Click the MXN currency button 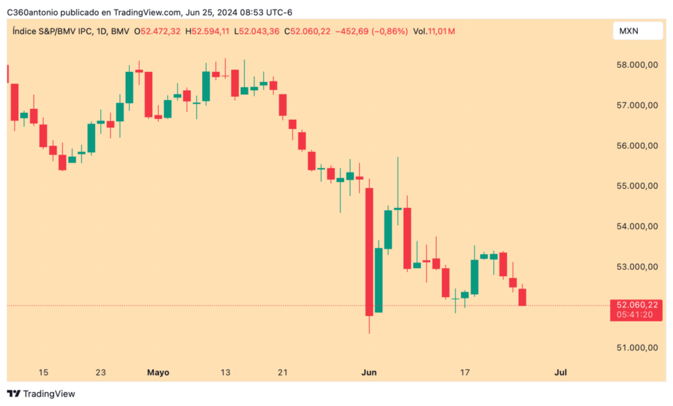pos(630,31)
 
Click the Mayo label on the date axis pos(158,372)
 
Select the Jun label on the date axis pos(369,372)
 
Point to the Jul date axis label pos(561,372)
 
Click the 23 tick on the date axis pos(101,372)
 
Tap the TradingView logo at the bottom pos(41,394)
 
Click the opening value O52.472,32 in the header pos(158,31)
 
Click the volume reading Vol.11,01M pos(434,31)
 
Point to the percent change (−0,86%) pos(386,31)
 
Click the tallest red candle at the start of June pos(369,252)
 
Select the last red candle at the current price pos(522,297)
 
